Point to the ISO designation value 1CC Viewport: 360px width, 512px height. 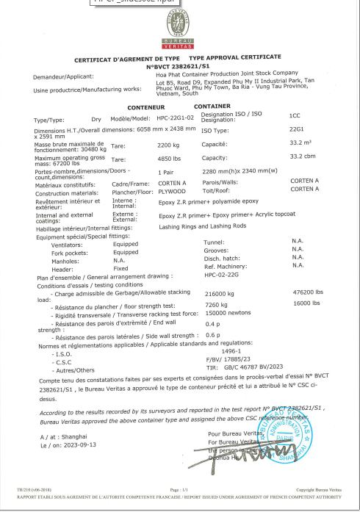pyautogui.click(x=295, y=115)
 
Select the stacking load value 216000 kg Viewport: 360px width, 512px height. pyautogui.click(x=223, y=292)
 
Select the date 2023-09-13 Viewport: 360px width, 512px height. pyautogui.click(x=75, y=444)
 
